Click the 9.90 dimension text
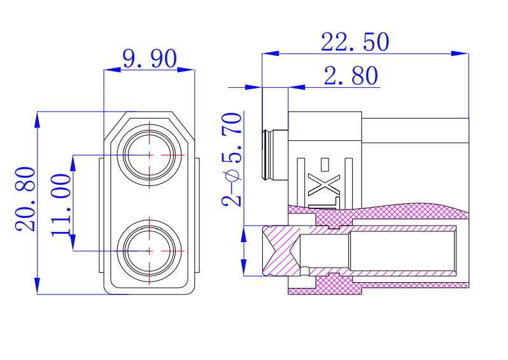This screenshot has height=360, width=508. pyautogui.click(x=149, y=59)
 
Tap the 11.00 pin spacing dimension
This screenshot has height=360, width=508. pyautogui.click(x=62, y=204)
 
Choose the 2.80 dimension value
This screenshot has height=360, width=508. pyautogui.click(x=351, y=76)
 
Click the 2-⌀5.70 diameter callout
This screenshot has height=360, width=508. pyautogui.click(x=232, y=159)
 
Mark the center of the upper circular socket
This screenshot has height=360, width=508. pyautogui.click(x=150, y=154)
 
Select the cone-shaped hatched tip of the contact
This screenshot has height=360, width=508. pyautogui.click(x=279, y=250)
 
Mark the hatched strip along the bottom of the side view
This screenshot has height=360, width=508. pyautogui.click(x=325, y=291)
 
